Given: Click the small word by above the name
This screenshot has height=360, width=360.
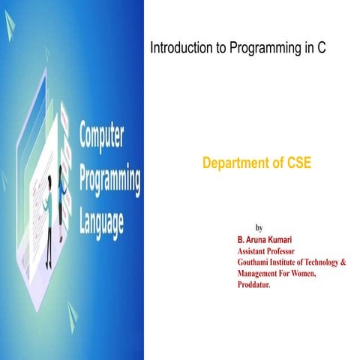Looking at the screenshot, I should coord(259,227).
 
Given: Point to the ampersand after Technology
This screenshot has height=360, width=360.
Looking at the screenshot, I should coord(343,263).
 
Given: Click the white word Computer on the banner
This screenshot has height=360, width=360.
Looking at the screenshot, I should coord(102,139).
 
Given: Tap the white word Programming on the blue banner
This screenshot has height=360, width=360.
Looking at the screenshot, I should coord(110,181).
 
